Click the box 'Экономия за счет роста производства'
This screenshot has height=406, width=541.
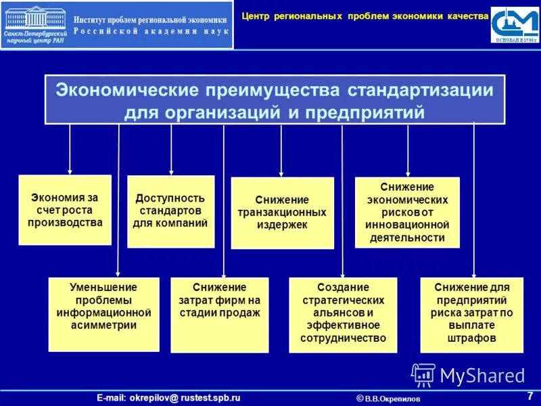click(65, 210)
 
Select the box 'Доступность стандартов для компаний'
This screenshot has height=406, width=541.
click(170, 210)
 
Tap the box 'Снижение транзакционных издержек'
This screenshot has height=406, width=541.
click(282, 212)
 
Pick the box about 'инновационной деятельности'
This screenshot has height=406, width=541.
click(407, 212)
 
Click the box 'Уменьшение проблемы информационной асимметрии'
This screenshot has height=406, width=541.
click(103, 313)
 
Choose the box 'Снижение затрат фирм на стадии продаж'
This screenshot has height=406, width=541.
click(219, 314)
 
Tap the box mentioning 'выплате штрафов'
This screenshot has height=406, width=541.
click(471, 314)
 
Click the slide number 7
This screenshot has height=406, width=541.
click(529, 396)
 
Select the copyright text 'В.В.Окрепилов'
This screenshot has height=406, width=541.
click(392, 399)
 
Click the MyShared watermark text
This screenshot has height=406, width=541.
click(482, 375)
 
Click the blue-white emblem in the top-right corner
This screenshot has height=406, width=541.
click(515, 25)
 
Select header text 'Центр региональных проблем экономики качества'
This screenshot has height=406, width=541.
click(364, 15)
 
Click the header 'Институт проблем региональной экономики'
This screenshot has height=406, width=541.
click(150, 20)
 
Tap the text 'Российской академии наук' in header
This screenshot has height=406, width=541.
click(150, 32)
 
